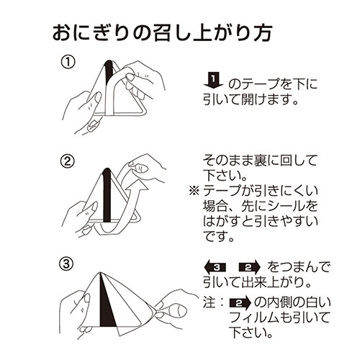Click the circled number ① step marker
[67, 64]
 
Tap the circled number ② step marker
[67, 161]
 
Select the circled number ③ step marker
[67, 263]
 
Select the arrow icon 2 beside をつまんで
[253, 266]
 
